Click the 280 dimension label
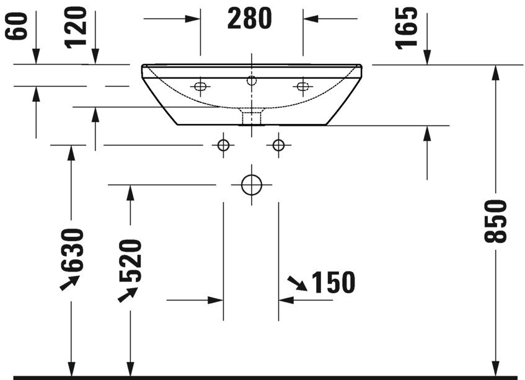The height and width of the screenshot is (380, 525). point(249,19)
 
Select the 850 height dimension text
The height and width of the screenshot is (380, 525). point(496,221)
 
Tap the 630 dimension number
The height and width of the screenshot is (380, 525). point(72,249)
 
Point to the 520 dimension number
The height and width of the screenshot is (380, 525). point(131,260)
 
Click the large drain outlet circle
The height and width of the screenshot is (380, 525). point(252,185)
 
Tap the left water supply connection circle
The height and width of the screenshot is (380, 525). point(224,145)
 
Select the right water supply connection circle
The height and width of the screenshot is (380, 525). point(278,145)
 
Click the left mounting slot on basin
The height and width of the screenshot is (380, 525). point(200,86)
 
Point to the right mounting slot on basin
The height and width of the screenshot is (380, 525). point(302,86)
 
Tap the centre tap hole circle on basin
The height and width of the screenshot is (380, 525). point(251,80)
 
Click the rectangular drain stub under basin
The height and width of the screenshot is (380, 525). point(251,115)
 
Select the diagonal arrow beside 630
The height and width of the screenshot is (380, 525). point(69,283)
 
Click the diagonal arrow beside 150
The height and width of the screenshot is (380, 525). point(296,284)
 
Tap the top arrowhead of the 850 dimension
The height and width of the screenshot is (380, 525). point(495,72)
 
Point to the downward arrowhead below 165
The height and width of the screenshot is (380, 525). point(426,57)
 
